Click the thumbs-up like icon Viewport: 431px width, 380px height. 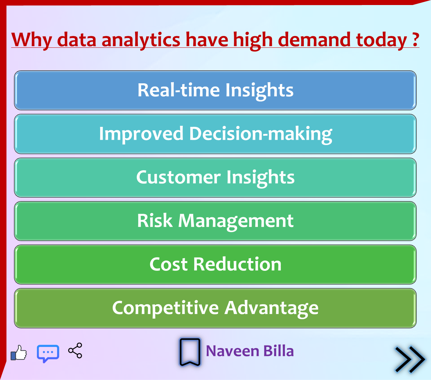coord(19,353)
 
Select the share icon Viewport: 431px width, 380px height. coord(75,351)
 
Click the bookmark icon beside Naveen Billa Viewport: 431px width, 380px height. coord(190,352)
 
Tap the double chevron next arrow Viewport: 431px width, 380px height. coord(410,360)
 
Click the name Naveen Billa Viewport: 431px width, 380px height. coord(250,351)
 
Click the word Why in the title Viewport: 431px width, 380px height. coord(32,40)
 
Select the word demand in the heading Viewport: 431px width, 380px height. coord(314,40)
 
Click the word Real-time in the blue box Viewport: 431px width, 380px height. coord(179,90)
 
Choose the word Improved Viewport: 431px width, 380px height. coord(141,134)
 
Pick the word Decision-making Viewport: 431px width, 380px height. coord(261,134)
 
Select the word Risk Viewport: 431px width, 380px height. coord(155,221)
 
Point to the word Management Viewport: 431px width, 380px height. coord(236,222)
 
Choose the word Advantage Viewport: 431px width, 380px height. coord(272,309)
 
